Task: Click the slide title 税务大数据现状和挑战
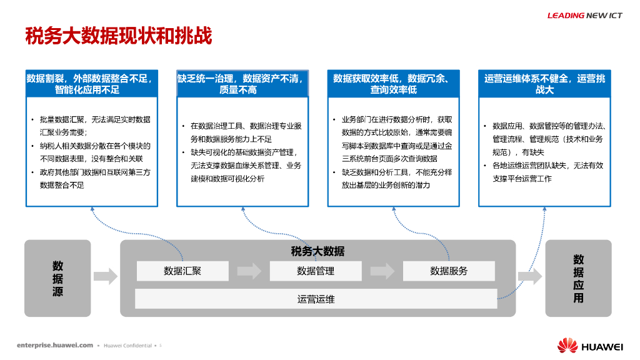click(118, 36)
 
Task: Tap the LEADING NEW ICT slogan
click(584, 16)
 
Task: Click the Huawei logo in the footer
click(590, 346)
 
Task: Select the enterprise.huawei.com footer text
click(55, 345)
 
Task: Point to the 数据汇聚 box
click(182, 271)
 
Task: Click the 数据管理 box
click(316, 271)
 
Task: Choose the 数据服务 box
click(449, 271)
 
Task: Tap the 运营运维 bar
click(316, 299)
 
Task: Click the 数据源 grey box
click(57, 278)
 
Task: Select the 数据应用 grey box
click(578, 278)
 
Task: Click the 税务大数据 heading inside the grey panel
click(317, 251)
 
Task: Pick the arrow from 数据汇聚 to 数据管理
click(249, 271)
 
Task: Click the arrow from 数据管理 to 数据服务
click(382, 271)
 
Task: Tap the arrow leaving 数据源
click(106, 276)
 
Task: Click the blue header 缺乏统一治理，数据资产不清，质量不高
click(242, 84)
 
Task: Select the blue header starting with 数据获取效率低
click(393, 84)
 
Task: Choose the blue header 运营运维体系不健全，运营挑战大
click(544, 84)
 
